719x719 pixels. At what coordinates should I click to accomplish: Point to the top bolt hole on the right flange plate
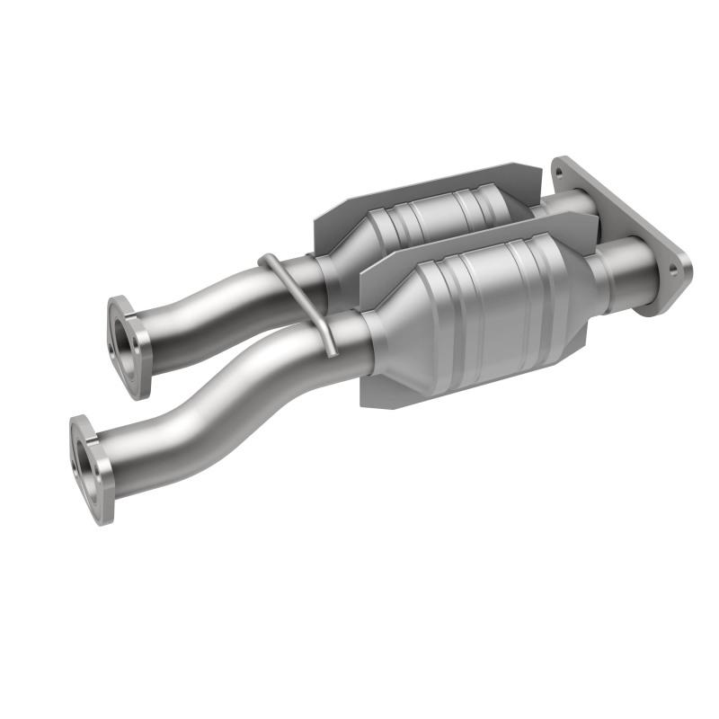click(565, 167)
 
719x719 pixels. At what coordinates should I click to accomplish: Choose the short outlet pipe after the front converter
click(620, 274)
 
